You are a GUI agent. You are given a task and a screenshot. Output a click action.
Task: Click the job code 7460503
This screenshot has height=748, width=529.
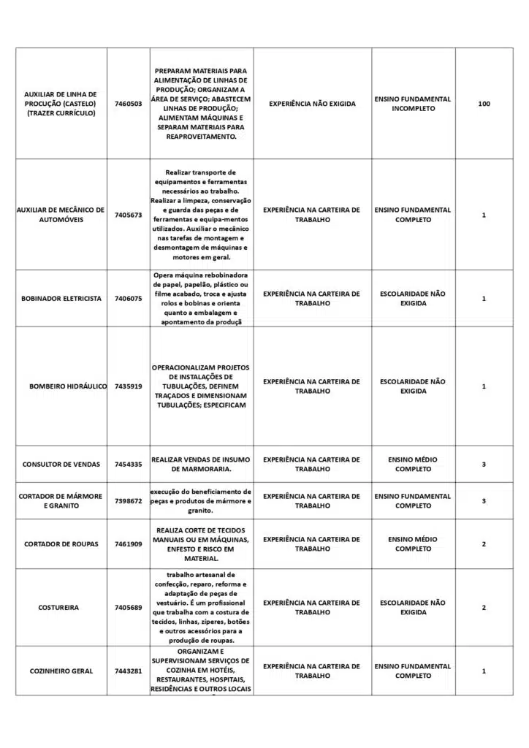click(x=128, y=104)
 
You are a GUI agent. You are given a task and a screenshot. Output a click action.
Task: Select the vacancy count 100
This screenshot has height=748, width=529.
click(x=484, y=104)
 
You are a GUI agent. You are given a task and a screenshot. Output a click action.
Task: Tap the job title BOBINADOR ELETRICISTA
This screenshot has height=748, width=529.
click(x=61, y=299)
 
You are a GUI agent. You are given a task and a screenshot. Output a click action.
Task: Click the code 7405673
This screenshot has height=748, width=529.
click(x=128, y=215)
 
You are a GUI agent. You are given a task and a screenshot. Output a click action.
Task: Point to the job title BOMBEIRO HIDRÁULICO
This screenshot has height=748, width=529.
click(x=68, y=386)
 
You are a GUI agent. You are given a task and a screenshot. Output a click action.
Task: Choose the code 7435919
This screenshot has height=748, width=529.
click(x=128, y=386)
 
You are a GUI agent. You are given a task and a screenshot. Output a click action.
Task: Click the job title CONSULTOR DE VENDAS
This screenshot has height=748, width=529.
click(x=61, y=465)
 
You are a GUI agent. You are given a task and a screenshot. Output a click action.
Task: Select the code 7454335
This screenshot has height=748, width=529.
click(x=128, y=465)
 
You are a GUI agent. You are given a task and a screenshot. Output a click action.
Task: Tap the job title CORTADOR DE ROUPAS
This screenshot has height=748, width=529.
click(x=61, y=544)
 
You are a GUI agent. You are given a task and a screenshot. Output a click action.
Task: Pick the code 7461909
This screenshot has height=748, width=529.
click(x=128, y=544)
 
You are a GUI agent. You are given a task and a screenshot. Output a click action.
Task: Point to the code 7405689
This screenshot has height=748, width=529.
click(x=128, y=608)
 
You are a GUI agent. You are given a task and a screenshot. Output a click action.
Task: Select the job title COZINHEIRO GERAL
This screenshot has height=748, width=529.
click(x=61, y=671)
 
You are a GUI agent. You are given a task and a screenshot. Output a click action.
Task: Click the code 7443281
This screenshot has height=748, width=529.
click(x=128, y=671)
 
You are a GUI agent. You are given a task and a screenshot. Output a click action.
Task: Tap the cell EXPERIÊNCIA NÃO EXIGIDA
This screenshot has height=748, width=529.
click(x=312, y=104)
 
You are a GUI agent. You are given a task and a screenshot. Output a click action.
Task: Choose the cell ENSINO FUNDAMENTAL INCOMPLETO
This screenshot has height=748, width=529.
click(x=413, y=104)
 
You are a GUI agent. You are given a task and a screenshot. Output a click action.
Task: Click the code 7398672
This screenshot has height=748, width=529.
click(x=128, y=501)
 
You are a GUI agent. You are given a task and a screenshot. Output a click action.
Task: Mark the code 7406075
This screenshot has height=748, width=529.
click(x=128, y=299)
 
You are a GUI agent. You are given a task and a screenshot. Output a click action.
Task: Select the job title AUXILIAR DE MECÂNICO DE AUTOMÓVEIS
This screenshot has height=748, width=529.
click(x=61, y=215)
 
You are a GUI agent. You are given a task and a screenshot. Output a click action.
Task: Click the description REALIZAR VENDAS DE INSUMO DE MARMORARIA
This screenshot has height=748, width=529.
click(x=201, y=465)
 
